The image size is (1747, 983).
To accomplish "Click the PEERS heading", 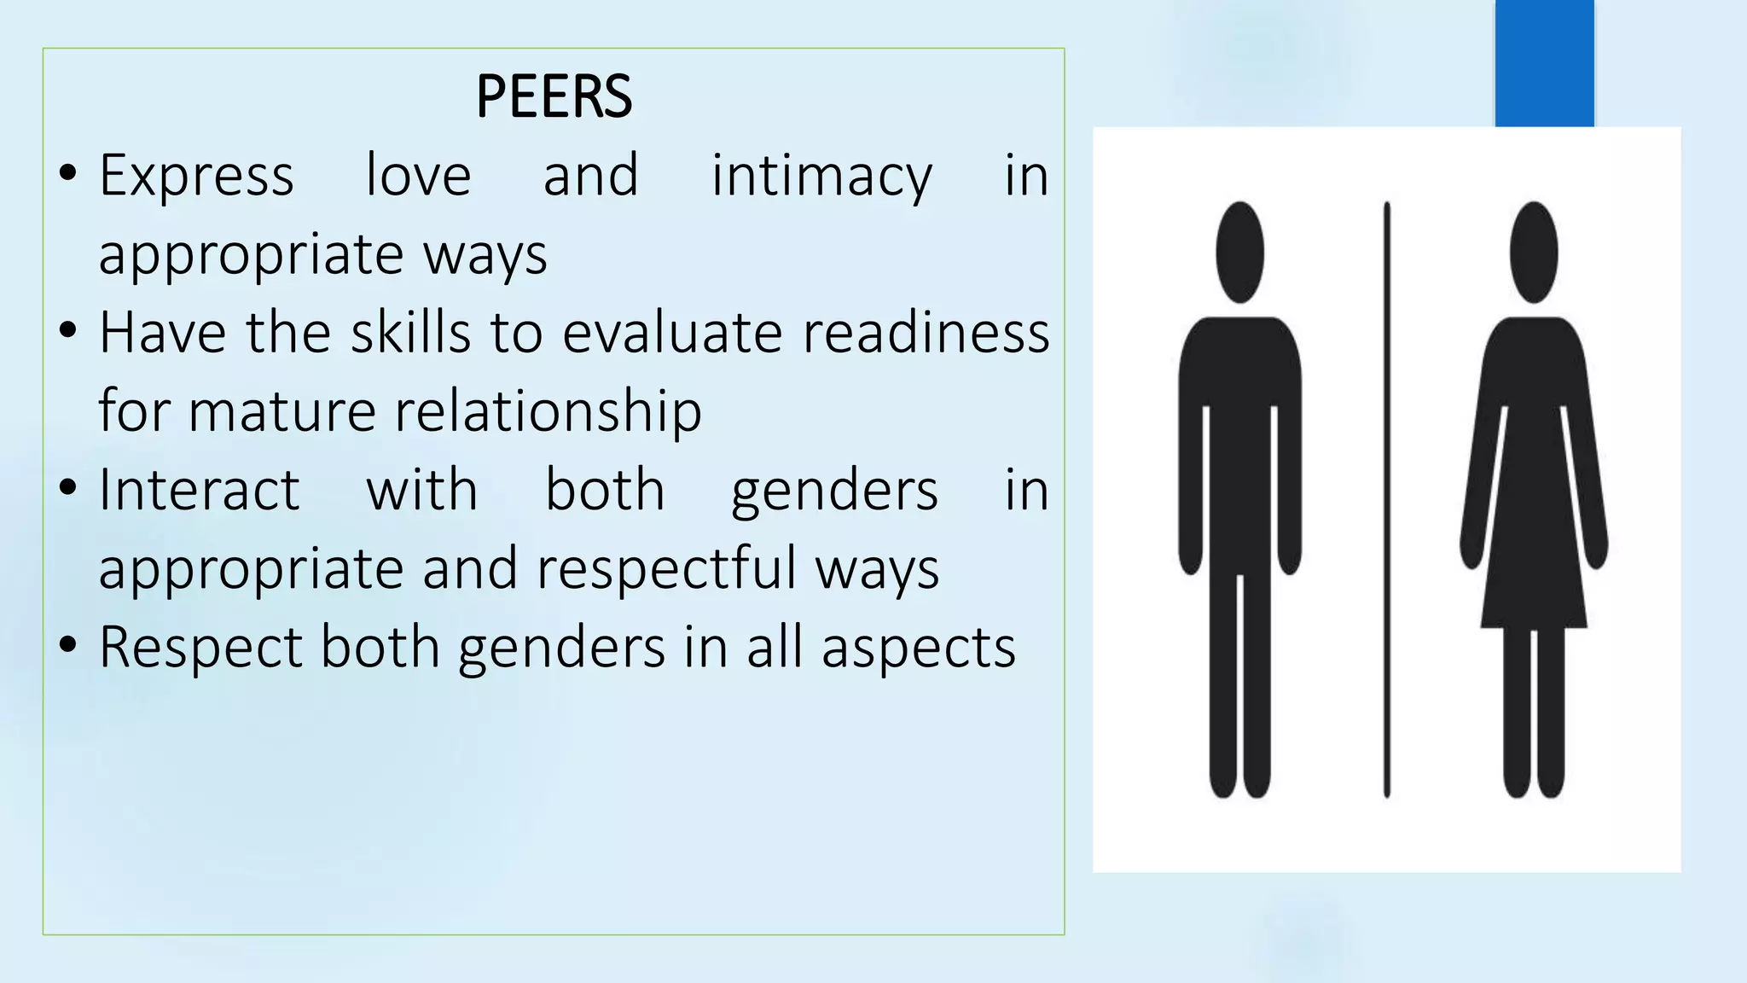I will [x=554, y=96].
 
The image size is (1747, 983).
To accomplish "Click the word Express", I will [x=196, y=176].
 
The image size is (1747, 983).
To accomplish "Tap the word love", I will [x=418, y=176].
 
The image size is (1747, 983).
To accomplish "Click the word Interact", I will [x=199, y=490].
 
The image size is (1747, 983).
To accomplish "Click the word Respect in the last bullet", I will [x=200, y=647].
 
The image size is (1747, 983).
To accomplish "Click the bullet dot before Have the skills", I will [x=68, y=330].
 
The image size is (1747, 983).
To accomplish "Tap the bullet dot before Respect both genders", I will [x=68, y=644].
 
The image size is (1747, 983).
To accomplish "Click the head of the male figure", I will [x=1239, y=252].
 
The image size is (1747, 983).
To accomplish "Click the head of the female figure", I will [x=1534, y=252].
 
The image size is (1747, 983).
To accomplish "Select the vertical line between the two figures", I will [x=1387, y=499].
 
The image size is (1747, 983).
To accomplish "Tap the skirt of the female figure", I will [x=1534, y=563].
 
